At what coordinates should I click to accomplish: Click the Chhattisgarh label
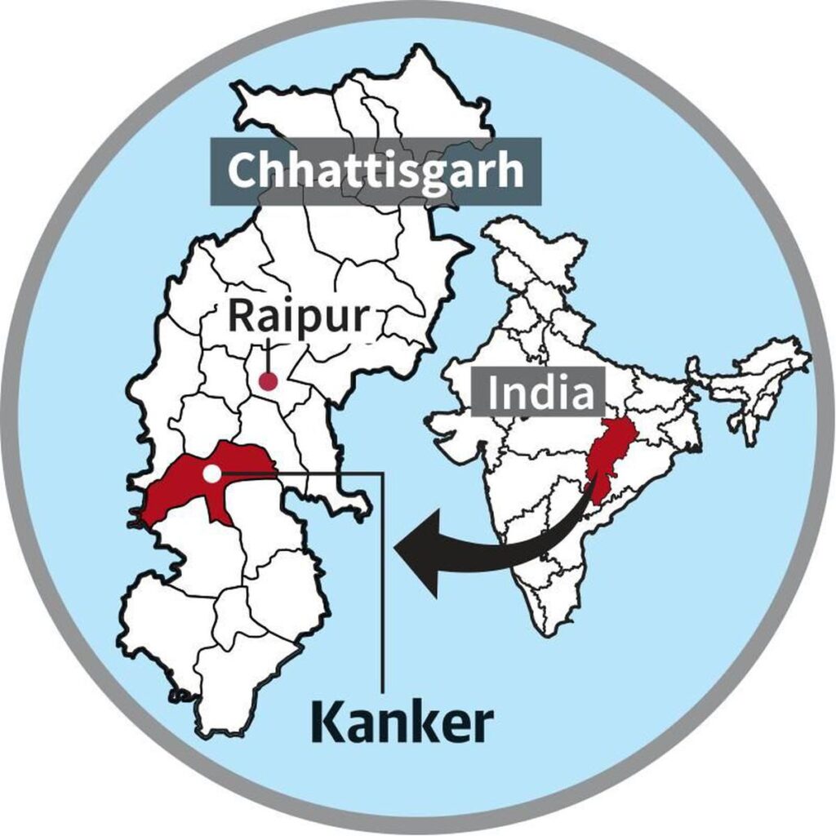pos(375,171)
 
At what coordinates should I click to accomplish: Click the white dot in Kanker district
pos(211,473)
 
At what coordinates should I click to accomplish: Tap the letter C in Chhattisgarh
pos(242,171)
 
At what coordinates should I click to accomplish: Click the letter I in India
pos(496,394)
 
